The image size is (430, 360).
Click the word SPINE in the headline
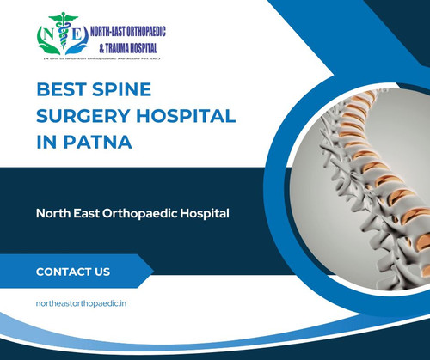click(119, 88)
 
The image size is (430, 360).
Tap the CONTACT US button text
click(73, 272)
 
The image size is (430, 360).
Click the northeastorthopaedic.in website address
click(83, 304)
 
